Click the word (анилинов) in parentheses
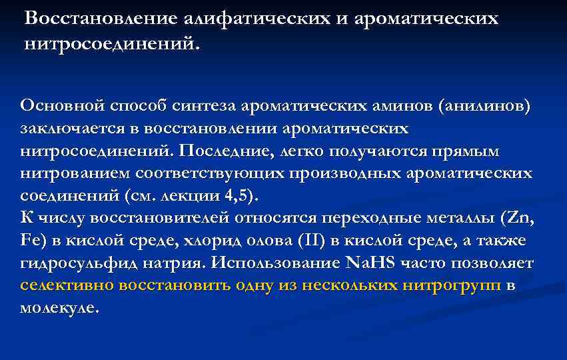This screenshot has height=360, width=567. (484, 105)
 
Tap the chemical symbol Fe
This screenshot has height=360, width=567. (31, 241)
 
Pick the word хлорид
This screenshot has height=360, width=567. (225, 241)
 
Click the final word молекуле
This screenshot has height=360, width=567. (59, 309)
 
